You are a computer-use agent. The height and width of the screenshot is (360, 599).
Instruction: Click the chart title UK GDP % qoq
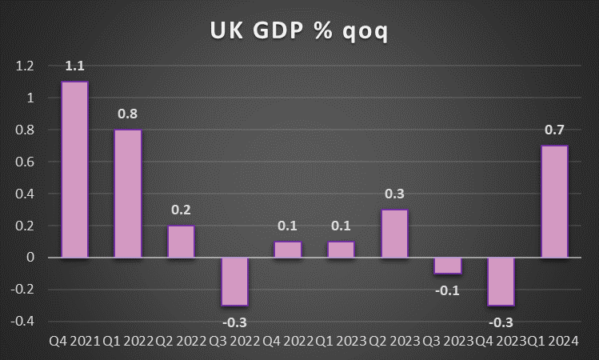tap(299, 31)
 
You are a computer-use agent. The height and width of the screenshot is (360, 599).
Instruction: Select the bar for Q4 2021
tap(74, 170)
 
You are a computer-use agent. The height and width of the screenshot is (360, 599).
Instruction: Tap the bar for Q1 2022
tap(128, 194)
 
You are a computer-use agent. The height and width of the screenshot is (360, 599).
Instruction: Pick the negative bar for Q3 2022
tap(234, 282)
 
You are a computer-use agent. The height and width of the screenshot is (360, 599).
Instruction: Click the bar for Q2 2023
tap(394, 234)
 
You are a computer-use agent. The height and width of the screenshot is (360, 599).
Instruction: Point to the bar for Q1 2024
tap(554, 202)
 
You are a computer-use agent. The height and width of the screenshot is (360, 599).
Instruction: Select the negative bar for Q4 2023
tap(501, 282)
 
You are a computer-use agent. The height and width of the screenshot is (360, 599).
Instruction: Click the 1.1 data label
tap(74, 66)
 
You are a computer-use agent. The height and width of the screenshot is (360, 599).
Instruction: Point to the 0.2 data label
tap(181, 210)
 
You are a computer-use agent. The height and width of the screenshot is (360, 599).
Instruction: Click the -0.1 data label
tap(448, 289)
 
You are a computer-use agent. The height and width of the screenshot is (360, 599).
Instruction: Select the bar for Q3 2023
tap(448, 266)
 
